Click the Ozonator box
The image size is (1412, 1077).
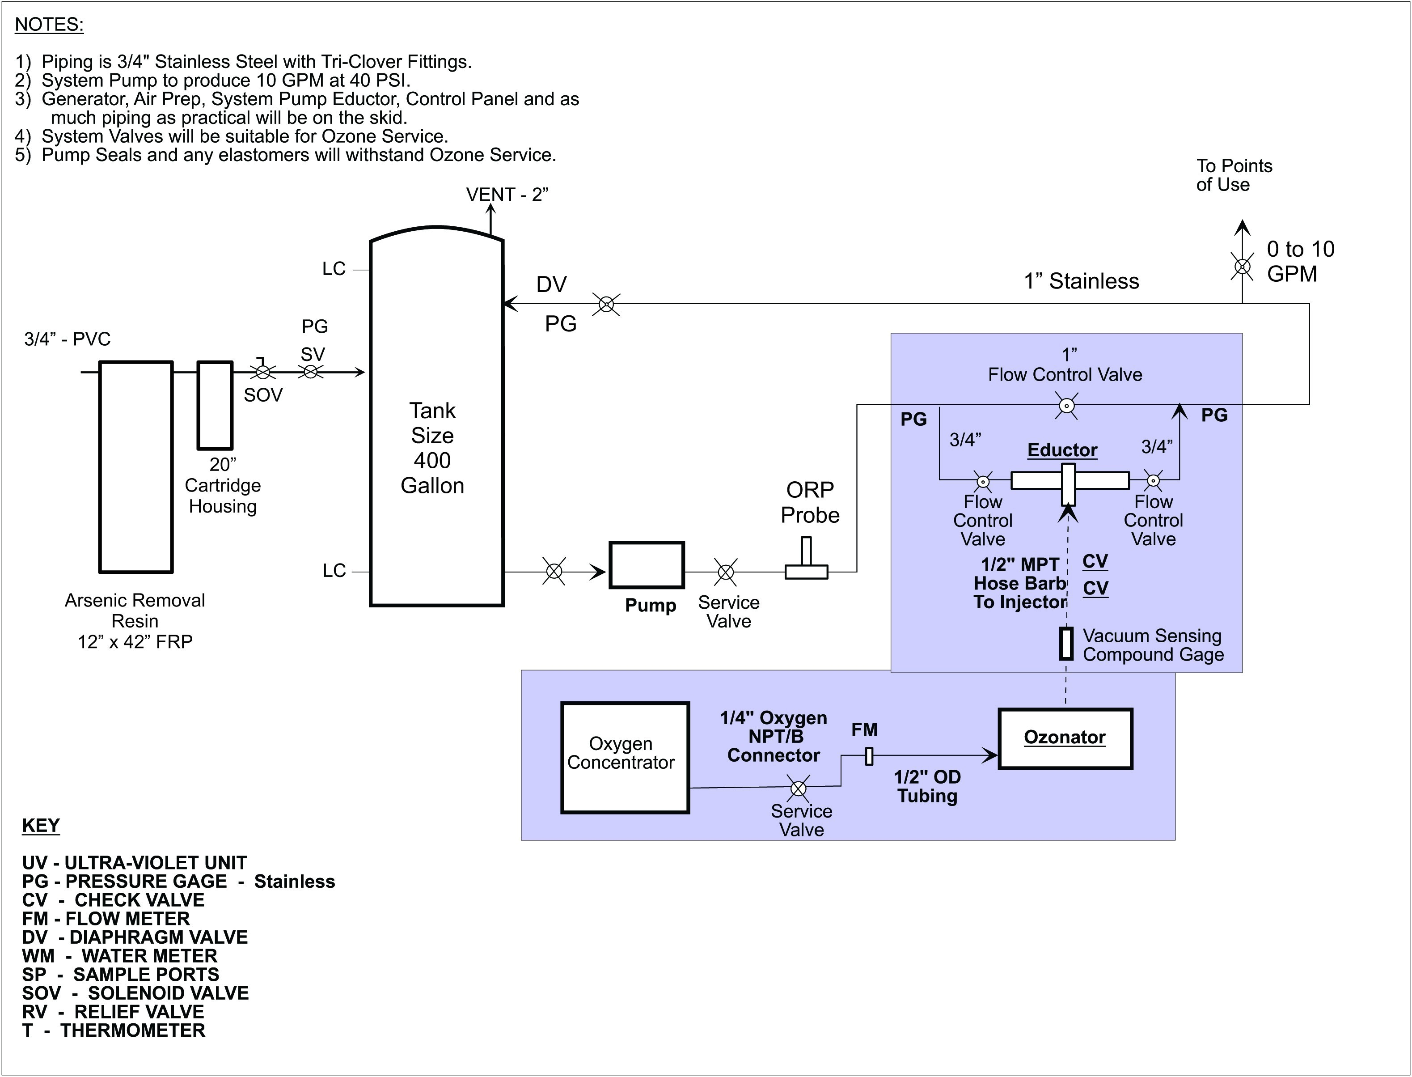pos(1065,738)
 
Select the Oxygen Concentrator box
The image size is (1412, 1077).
pos(625,758)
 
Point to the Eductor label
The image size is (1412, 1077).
pos(1062,450)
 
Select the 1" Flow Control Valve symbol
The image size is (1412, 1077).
pos(1066,406)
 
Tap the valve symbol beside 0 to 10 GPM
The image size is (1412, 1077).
pos(1242,266)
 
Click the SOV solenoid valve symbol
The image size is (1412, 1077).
pos(262,371)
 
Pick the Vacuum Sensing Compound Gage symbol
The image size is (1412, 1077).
pos(1066,644)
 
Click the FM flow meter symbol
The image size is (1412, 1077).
pos(869,756)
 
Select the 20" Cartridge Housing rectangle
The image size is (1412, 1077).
pos(215,405)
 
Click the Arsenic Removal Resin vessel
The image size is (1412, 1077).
pos(136,466)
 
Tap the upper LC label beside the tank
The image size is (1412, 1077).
pos(334,269)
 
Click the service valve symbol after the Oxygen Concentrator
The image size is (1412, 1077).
pos(799,788)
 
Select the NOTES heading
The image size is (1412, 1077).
pos(49,24)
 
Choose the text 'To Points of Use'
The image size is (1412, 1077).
pos(1233,175)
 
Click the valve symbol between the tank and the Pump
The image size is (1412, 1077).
pos(554,571)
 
